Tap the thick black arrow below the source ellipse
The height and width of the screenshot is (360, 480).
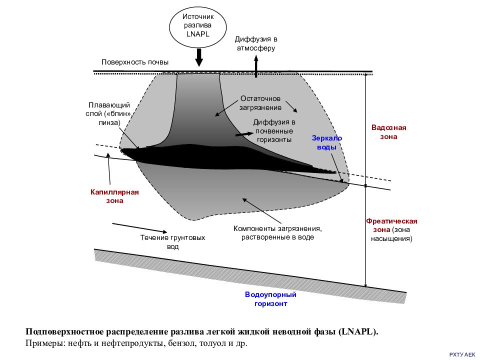(x=199, y=57)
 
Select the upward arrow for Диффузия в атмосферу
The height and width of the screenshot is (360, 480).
(x=256, y=66)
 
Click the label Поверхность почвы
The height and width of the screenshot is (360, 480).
(x=135, y=62)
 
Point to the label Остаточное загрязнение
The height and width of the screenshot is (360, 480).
(x=260, y=103)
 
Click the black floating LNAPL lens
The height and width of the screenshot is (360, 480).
(x=214, y=157)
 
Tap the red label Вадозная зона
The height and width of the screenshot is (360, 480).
(x=389, y=132)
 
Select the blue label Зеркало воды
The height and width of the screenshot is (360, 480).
(x=327, y=142)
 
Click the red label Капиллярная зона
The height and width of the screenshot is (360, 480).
(x=114, y=196)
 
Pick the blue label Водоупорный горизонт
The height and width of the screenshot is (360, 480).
(x=270, y=299)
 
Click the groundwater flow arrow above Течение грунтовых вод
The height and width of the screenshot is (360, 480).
(x=139, y=228)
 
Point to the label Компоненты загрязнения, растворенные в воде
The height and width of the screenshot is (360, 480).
(x=277, y=232)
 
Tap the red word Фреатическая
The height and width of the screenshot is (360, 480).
(x=391, y=221)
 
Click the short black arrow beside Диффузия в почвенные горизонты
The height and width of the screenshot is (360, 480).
(x=244, y=134)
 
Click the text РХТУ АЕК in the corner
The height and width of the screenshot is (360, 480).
(x=462, y=354)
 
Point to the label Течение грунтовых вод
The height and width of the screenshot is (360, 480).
(x=172, y=242)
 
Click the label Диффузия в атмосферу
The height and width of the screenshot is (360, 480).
(x=256, y=43)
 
